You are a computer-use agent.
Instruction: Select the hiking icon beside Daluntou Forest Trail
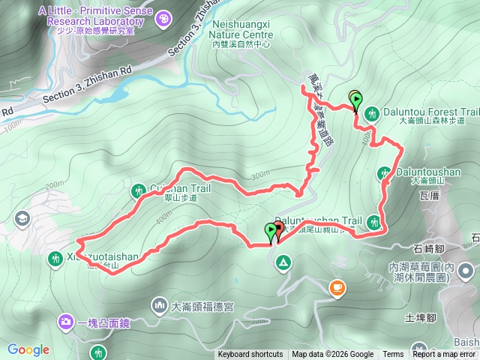[x=373, y=113]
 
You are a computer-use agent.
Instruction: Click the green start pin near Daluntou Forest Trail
[x=355, y=100]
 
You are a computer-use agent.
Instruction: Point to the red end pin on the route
[x=278, y=230]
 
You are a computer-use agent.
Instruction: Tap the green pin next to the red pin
[x=270, y=232]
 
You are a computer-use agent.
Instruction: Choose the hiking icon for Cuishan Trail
[x=138, y=191]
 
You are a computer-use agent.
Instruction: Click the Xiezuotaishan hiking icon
[x=55, y=259]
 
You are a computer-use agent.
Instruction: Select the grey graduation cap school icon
[x=21, y=219]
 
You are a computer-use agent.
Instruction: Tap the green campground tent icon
[x=283, y=262]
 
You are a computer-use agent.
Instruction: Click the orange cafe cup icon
[x=337, y=286]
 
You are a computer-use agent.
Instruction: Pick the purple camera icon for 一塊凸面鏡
[x=66, y=322]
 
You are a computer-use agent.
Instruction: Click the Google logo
[x=28, y=349]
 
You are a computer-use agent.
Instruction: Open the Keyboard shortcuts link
[x=250, y=355]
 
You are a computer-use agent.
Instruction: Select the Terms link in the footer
[x=393, y=355]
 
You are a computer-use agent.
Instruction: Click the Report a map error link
[x=444, y=355]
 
